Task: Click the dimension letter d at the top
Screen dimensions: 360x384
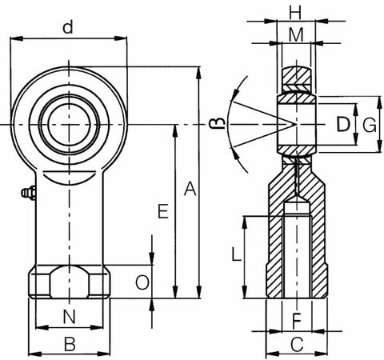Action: pos(70,28)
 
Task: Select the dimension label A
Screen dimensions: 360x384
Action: pos(190,190)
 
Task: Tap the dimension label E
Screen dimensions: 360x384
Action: pos(163,212)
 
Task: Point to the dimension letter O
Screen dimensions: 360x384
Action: pos(141,282)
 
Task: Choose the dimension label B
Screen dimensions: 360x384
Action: pos(70,345)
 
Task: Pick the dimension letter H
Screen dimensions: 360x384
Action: pos(295,13)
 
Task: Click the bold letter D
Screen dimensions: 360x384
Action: pos(342,124)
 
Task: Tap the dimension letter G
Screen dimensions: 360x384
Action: pos(369,124)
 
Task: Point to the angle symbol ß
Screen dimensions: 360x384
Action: pos(214,122)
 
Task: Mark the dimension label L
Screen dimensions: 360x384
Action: pos(234,256)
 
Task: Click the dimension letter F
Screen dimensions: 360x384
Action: pos(296,322)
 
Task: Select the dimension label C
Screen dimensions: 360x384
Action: pos(296,346)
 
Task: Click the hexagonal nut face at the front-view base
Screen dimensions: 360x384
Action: pos(70,283)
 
